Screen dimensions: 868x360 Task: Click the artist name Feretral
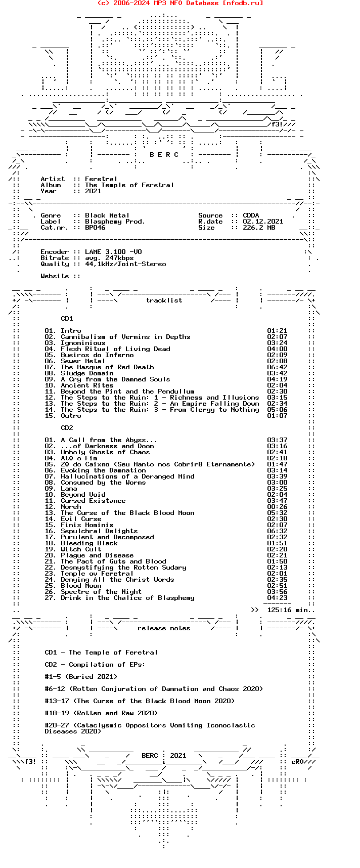(x=101, y=179)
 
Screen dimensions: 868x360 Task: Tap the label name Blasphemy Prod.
(x=115, y=222)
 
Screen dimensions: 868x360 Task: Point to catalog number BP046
(x=95, y=228)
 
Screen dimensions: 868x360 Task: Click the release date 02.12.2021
(x=263, y=222)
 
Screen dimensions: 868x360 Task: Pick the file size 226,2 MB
(x=259, y=228)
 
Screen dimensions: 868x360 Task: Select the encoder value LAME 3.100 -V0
(x=113, y=252)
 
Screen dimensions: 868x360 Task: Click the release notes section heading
(x=164, y=628)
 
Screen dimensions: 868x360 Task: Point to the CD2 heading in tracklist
(x=67, y=428)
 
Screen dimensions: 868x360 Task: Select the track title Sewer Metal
(x=83, y=361)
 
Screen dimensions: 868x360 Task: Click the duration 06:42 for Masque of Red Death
(x=277, y=367)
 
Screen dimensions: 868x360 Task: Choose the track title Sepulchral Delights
(x=99, y=531)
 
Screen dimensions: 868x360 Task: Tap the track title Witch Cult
(x=81, y=549)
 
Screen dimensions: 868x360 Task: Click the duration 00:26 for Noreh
(x=277, y=507)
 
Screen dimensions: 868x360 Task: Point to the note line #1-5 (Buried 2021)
(x=81, y=677)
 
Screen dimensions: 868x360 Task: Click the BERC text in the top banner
(x=164, y=155)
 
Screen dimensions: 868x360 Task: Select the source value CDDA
(x=251, y=215)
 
